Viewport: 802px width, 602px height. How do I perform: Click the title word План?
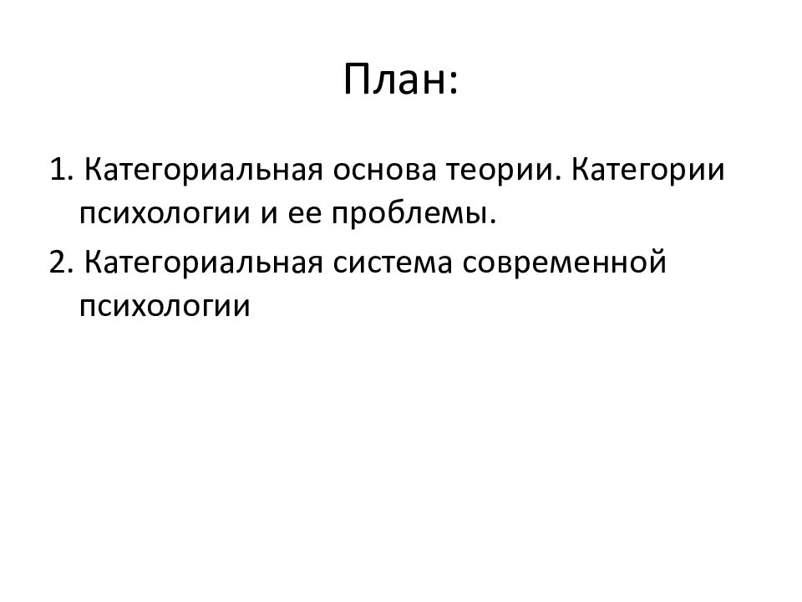tap(393, 81)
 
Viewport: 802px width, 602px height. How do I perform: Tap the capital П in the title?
tap(356, 81)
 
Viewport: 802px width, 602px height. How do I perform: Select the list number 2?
tap(57, 263)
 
